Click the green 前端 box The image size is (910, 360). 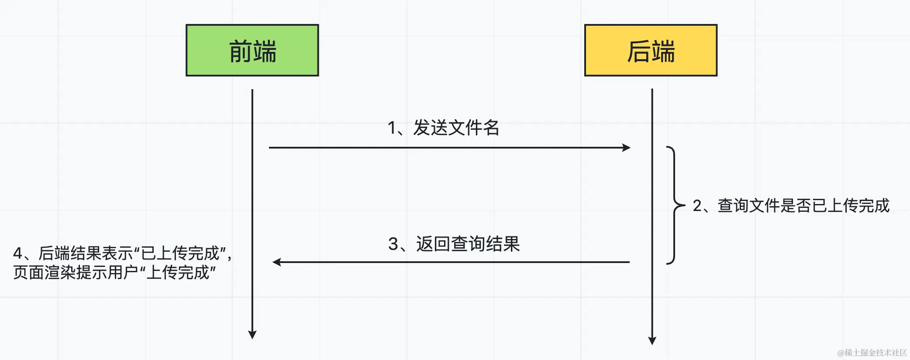[x=252, y=50]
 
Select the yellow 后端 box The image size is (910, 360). [x=651, y=50]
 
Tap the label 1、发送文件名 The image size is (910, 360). [x=443, y=128]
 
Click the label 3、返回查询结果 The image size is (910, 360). [x=454, y=244]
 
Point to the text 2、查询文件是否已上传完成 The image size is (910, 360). [x=791, y=205]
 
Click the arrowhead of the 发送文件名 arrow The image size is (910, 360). [x=627, y=148]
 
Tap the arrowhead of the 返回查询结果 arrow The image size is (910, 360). [x=276, y=262]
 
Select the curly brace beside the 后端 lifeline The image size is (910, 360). [x=675, y=205]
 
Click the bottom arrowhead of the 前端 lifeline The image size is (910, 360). [x=252, y=335]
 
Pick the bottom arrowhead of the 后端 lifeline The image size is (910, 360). [x=652, y=341]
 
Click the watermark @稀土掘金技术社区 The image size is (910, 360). [x=872, y=353]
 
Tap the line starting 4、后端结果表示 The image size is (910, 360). [x=122, y=253]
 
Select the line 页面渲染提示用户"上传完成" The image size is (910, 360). [x=114, y=273]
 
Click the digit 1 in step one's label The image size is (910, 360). [x=392, y=128]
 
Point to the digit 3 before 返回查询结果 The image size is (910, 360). [x=393, y=244]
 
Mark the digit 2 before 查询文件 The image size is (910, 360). [x=697, y=206]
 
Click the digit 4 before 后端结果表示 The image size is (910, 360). [x=17, y=253]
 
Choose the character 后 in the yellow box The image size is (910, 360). [x=638, y=51]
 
